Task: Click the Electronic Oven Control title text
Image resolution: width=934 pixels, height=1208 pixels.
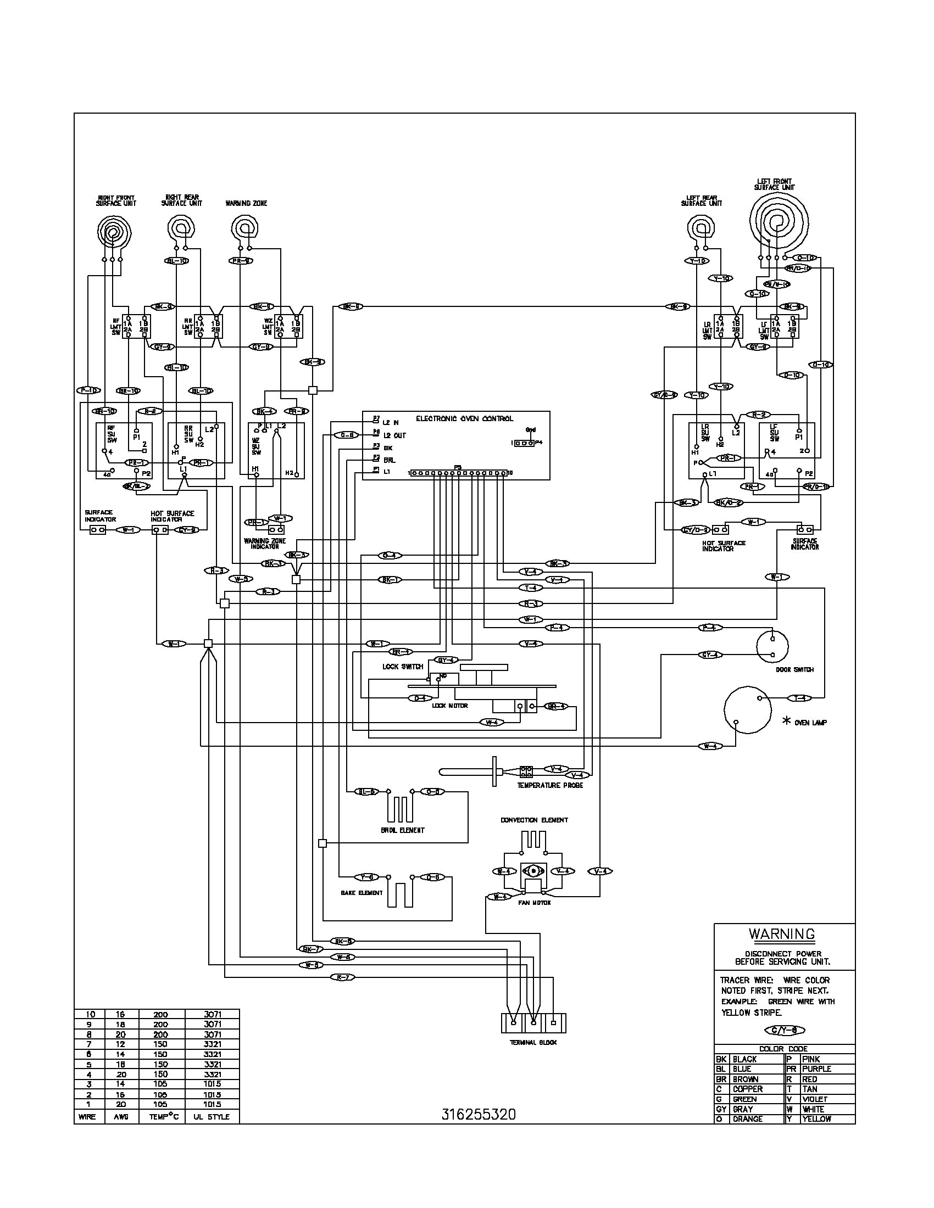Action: click(464, 419)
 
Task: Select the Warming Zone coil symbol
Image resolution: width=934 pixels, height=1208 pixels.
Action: click(244, 227)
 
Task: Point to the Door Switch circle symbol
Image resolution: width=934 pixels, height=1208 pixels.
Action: click(772, 646)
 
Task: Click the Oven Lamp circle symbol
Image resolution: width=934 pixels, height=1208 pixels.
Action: click(747, 710)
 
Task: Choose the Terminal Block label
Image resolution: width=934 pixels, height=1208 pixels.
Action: click(533, 1042)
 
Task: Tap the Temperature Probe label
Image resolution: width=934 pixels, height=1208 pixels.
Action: click(549, 785)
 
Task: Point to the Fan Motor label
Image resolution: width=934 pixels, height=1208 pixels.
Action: click(534, 903)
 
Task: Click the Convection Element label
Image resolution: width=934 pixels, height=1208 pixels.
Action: click(534, 820)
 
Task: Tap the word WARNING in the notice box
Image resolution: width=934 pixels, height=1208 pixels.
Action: click(782, 934)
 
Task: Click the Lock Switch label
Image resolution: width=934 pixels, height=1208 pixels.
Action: click(402, 667)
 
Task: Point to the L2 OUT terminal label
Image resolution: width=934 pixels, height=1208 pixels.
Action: click(394, 435)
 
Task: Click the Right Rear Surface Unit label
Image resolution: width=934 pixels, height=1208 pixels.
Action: click(181, 200)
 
